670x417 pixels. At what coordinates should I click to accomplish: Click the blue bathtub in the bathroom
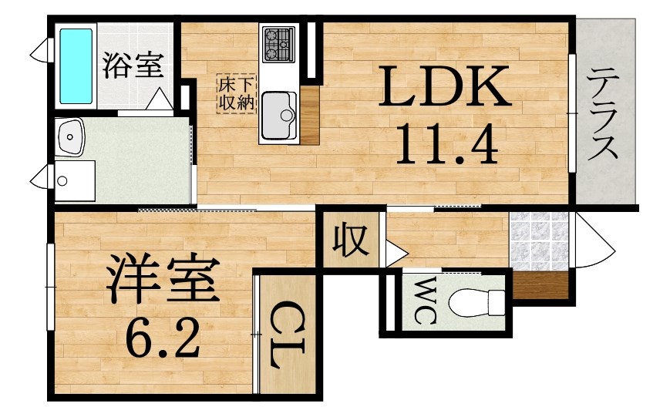[x=76, y=66]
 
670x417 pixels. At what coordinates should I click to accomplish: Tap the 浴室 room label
[x=133, y=66]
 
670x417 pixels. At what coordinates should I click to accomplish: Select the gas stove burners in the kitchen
[x=278, y=44]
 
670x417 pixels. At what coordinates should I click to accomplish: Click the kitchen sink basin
[x=279, y=116]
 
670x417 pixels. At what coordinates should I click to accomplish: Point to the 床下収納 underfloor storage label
[x=236, y=93]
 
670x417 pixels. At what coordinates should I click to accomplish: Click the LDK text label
[x=445, y=86]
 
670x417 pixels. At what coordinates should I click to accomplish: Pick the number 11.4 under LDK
[x=447, y=143]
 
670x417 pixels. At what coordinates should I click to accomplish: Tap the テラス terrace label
[x=602, y=115]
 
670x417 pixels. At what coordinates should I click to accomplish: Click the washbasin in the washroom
[x=70, y=136]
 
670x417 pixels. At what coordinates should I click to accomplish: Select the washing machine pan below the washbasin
[x=76, y=180]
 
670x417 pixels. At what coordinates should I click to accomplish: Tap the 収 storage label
[x=350, y=240]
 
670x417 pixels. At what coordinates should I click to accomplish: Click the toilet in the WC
[x=476, y=302]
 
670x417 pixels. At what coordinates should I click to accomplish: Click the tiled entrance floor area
[x=539, y=241]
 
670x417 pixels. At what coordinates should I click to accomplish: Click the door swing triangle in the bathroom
[x=160, y=99]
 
